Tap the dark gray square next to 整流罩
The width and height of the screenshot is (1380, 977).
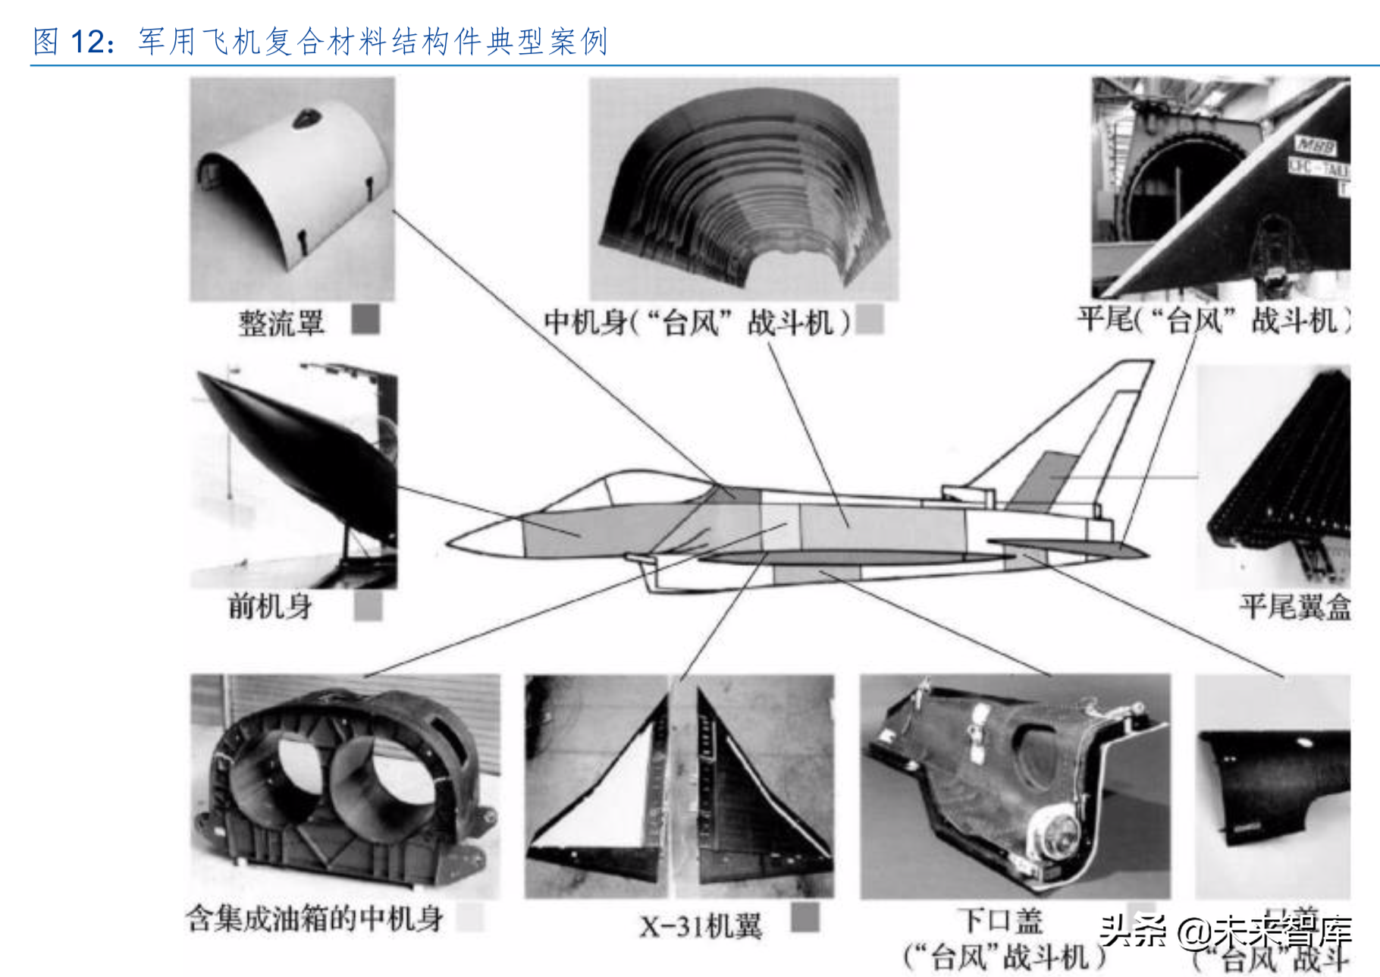pos(365,319)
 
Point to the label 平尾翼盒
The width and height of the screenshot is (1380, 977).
pos(1295,608)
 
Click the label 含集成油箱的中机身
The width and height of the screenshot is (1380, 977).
pos(315,919)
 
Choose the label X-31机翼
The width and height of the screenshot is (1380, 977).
pos(701,926)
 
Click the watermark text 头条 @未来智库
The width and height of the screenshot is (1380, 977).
pos(1225,931)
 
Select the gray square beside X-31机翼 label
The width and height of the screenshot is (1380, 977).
pos(804,917)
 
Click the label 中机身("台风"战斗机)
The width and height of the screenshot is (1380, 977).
pos(698,323)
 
